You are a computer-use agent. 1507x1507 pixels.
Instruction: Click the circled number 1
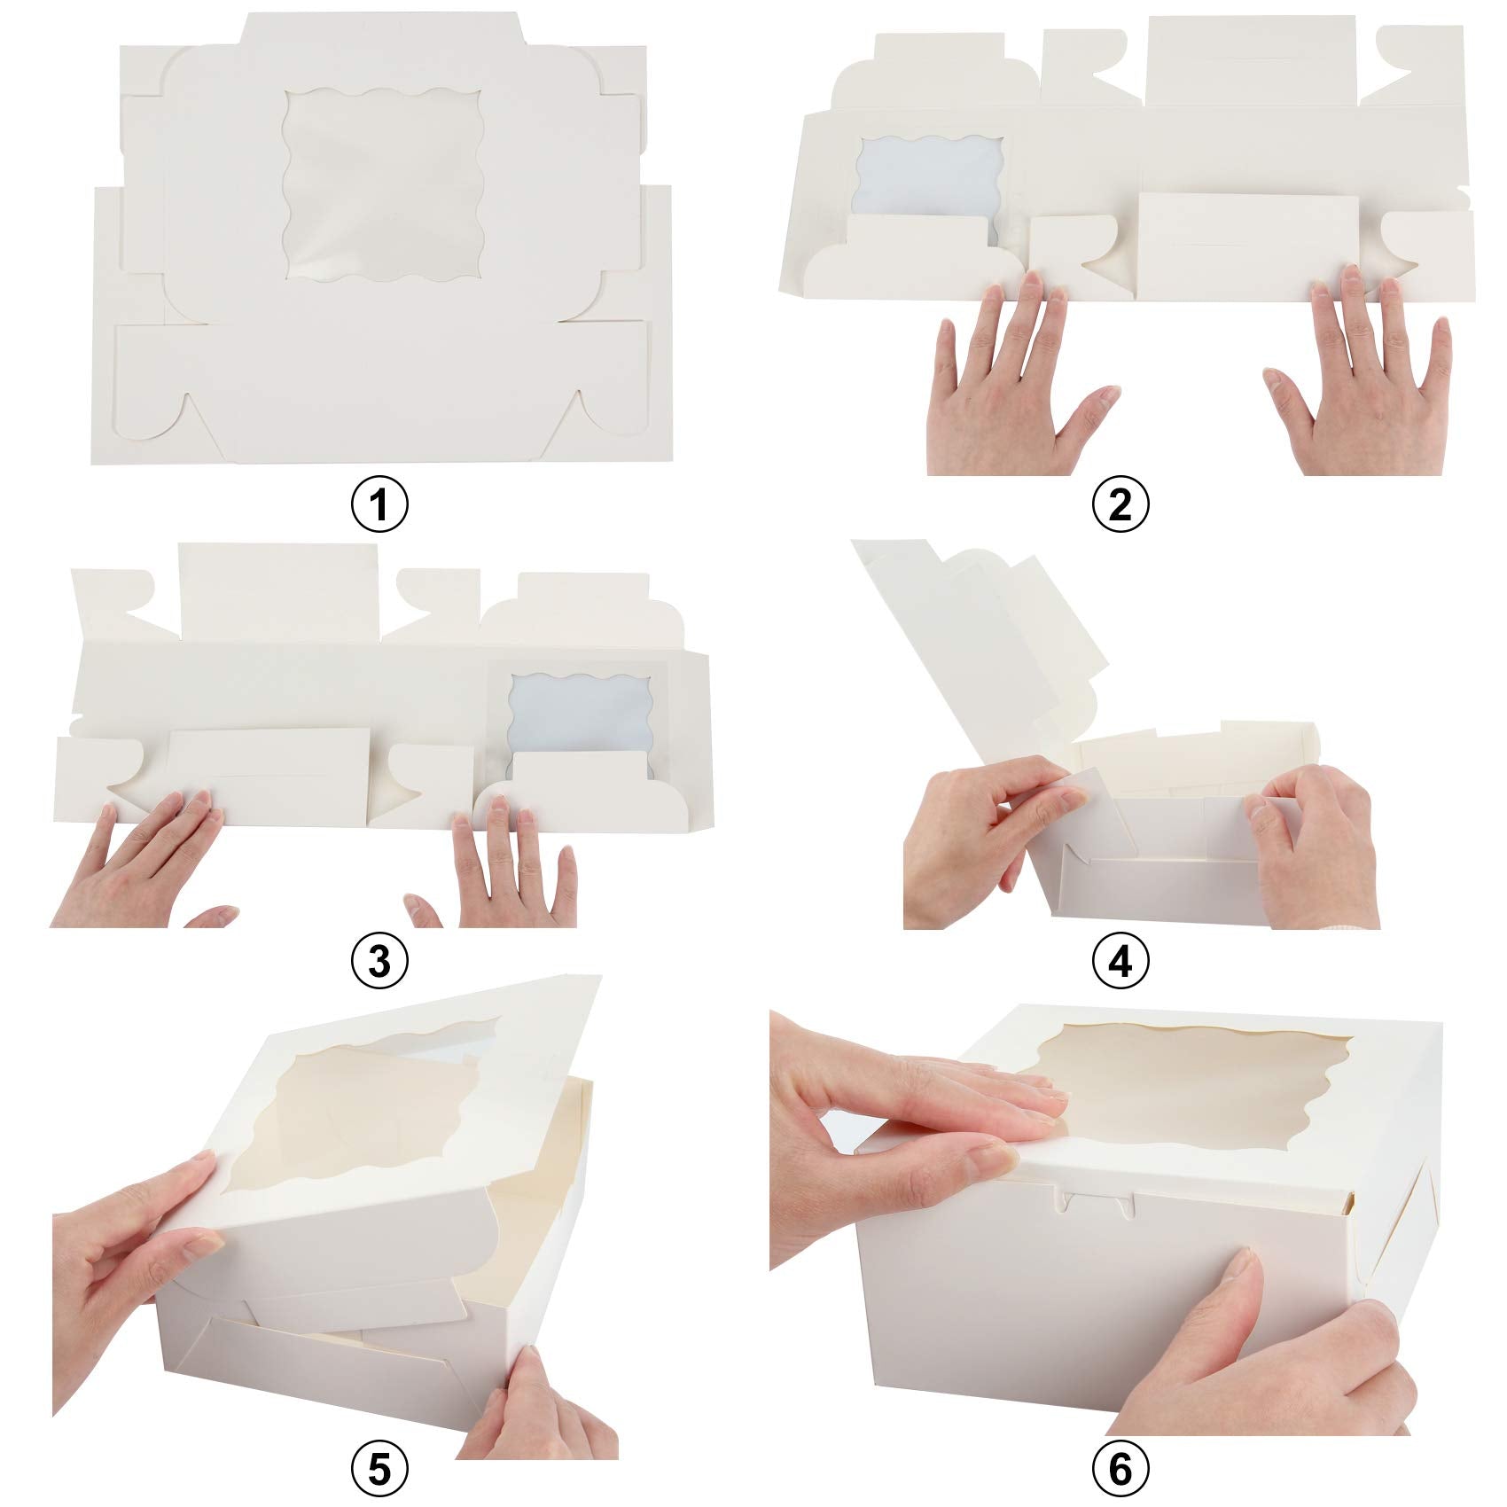379,505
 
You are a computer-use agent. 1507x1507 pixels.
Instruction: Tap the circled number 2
1120,505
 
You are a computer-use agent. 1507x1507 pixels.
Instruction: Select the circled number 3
379,961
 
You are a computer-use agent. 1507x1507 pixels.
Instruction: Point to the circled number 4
1120,961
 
